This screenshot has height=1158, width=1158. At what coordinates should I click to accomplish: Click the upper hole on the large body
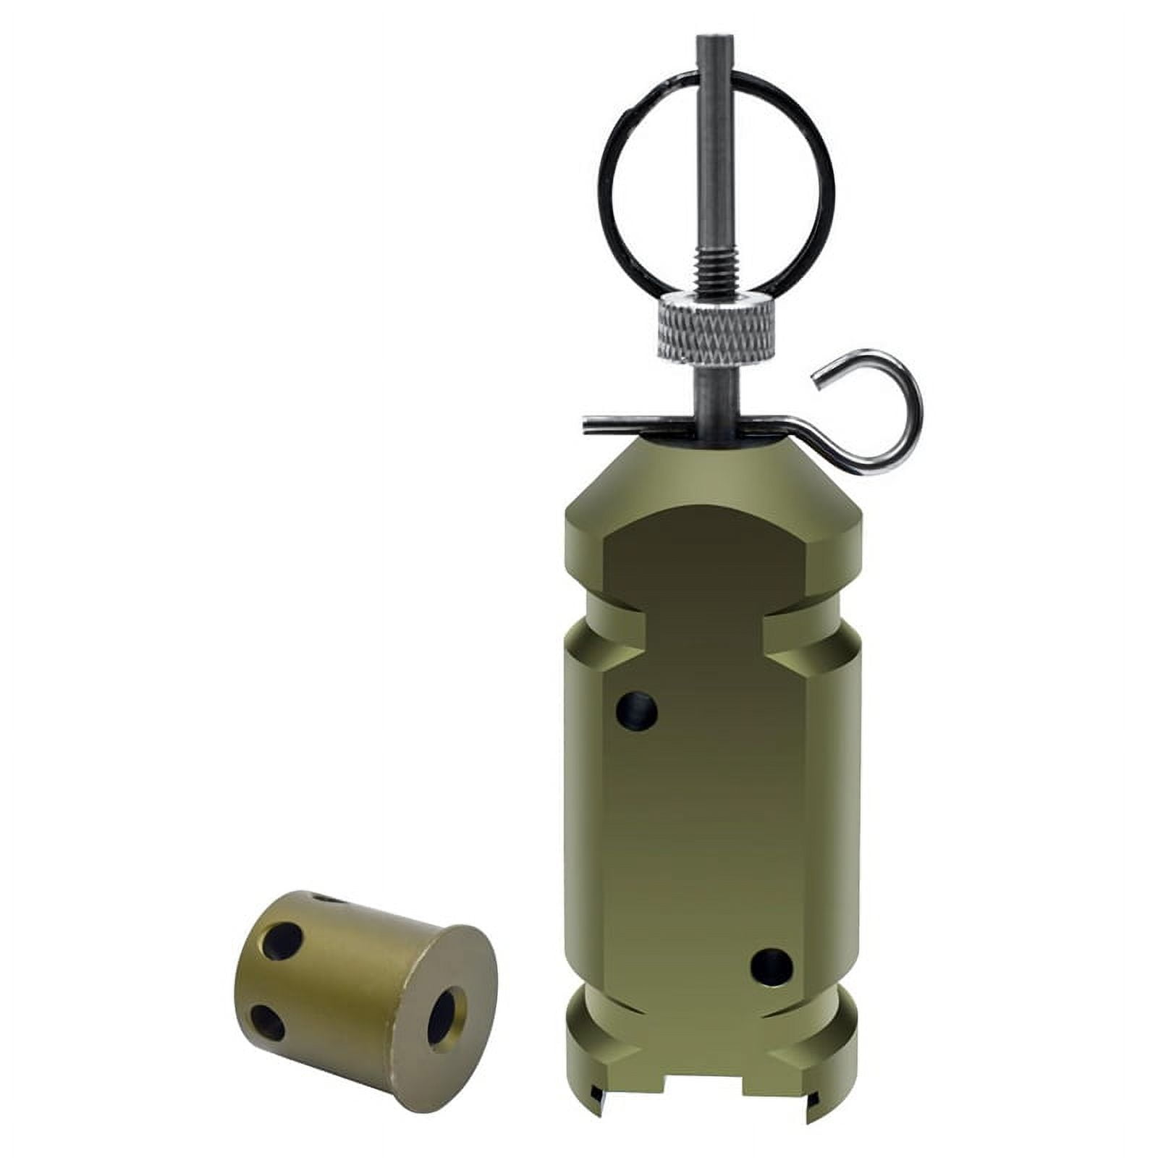tap(636, 709)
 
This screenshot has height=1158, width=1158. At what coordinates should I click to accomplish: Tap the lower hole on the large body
tap(772, 967)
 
